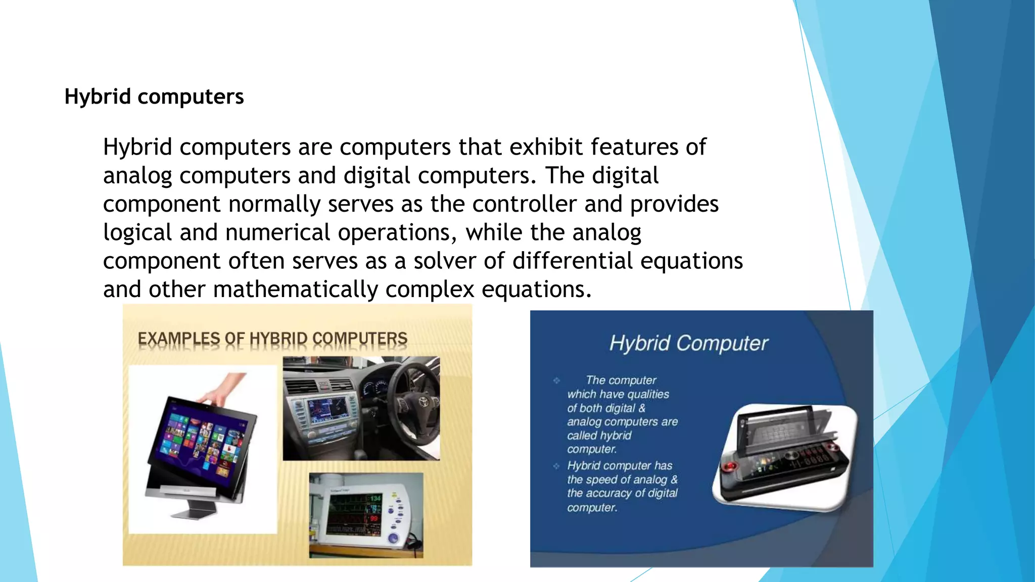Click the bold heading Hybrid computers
(x=154, y=96)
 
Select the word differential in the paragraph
(x=572, y=261)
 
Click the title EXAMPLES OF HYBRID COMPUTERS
(x=272, y=338)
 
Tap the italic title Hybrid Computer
(x=688, y=344)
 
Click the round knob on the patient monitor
(x=394, y=539)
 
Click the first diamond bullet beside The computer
(x=556, y=380)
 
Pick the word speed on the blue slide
(x=602, y=480)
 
